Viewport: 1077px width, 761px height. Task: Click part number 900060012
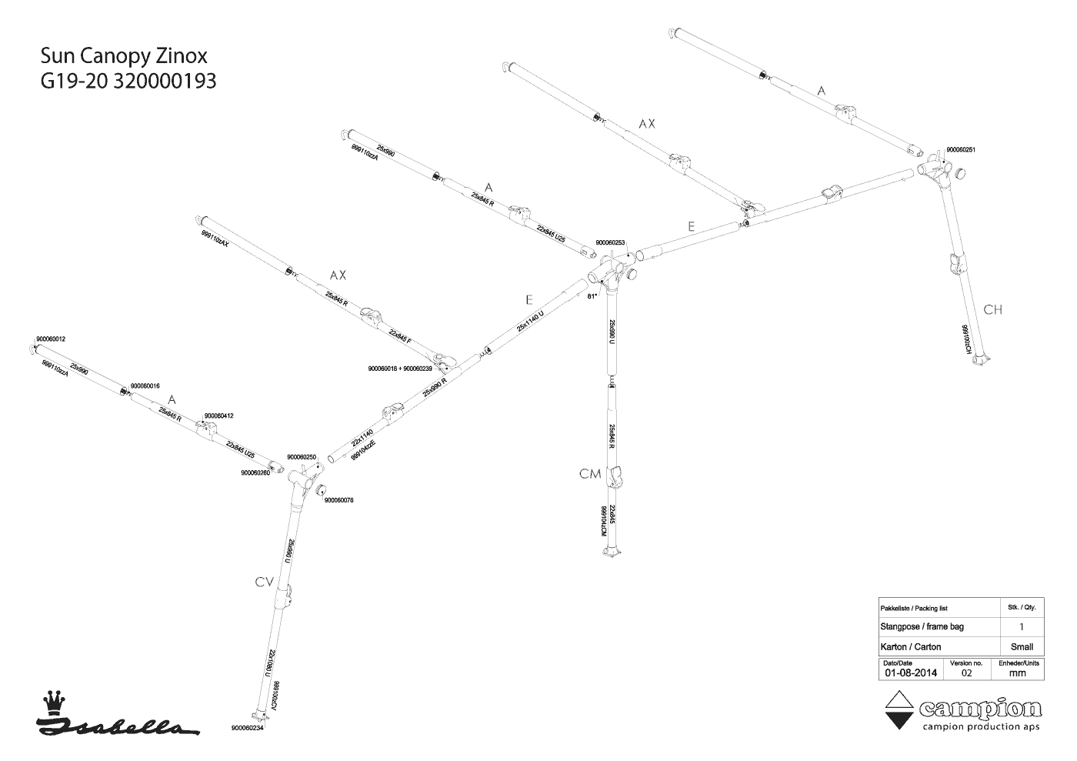click(x=51, y=339)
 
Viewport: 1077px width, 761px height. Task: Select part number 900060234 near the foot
click(x=248, y=728)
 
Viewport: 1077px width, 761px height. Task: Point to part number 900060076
click(x=339, y=500)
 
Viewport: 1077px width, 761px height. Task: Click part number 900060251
click(x=961, y=150)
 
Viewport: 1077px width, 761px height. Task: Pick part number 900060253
click(x=611, y=243)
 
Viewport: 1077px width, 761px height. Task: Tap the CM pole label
click(x=590, y=474)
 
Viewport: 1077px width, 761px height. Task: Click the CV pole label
click(x=265, y=582)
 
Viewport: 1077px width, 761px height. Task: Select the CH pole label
click(x=993, y=309)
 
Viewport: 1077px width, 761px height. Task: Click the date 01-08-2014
click(x=911, y=673)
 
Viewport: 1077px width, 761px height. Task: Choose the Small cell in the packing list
click(x=1022, y=646)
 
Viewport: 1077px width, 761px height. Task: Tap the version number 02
click(x=967, y=673)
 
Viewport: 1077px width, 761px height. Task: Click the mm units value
click(x=1018, y=673)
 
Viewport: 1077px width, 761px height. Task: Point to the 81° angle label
click(x=592, y=295)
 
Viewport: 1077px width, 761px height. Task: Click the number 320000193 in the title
click(x=165, y=81)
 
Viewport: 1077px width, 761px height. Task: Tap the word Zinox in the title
click(x=181, y=56)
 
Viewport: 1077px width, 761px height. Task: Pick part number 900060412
click(x=218, y=416)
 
